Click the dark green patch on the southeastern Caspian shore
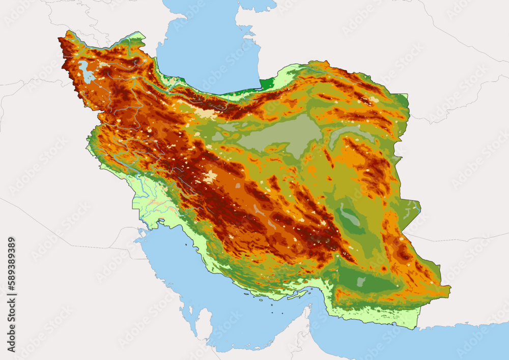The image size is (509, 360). pos(267,84)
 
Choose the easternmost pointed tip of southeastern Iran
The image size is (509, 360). pos(449,290)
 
